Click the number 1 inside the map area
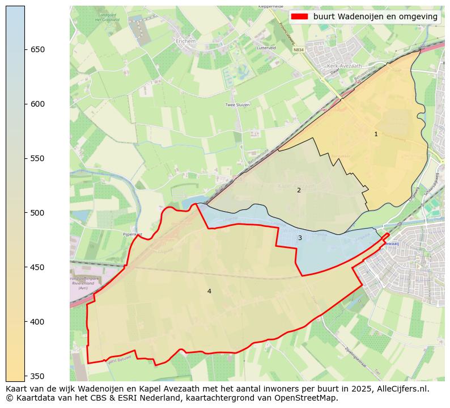tap(376, 134)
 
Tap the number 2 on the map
tap(299, 190)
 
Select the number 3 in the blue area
tap(300, 238)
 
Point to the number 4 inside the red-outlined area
tap(209, 291)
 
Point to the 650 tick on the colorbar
tap(37, 49)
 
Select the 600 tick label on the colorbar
tap(37, 104)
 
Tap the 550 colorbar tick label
tap(37, 158)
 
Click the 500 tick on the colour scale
tap(37, 213)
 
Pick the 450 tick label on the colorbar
tap(37, 267)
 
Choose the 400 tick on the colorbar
tap(37, 322)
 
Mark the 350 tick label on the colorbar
tap(37, 376)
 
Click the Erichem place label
tap(185, 41)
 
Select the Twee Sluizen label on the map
tap(237, 105)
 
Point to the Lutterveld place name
tap(266, 48)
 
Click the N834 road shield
tap(299, 50)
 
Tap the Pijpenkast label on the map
tap(132, 234)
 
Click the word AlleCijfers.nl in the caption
tap(402, 389)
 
